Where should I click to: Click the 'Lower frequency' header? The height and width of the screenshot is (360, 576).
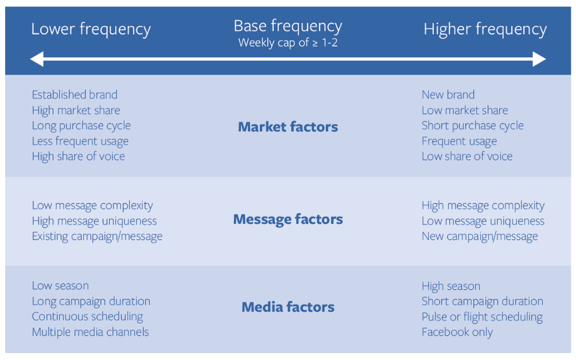pyautogui.click(x=91, y=29)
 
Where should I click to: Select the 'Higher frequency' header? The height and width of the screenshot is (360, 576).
pyautogui.click(x=485, y=29)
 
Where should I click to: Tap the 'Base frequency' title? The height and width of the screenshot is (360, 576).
pyautogui.click(x=288, y=26)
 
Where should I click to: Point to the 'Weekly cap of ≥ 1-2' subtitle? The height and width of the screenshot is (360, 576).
pyautogui.click(x=288, y=42)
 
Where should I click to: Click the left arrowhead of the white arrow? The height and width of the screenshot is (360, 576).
pyautogui.click(x=37, y=59)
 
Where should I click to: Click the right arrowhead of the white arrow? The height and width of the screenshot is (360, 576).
pyautogui.click(x=539, y=59)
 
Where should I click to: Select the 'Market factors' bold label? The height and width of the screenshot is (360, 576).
pyautogui.click(x=288, y=127)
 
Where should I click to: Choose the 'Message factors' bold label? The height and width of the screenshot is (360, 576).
pyautogui.click(x=288, y=219)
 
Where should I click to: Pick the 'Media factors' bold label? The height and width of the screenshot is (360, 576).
pyautogui.click(x=288, y=307)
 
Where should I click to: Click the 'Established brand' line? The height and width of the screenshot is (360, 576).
pyautogui.click(x=75, y=95)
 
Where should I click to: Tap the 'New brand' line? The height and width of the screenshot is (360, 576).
pyautogui.click(x=448, y=95)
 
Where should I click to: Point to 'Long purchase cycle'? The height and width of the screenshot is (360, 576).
pyautogui.click(x=81, y=126)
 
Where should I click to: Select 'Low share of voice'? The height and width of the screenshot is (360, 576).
pyautogui.click(x=467, y=157)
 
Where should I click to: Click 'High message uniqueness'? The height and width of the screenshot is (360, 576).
pyautogui.click(x=95, y=221)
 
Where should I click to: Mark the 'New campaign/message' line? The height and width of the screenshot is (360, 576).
pyautogui.click(x=480, y=237)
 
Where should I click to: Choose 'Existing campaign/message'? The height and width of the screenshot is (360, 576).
pyautogui.click(x=97, y=237)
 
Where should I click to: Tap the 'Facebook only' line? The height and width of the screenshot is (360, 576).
pyautogui.click(x=457, y=332)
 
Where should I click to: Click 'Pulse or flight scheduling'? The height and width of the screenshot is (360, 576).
pyautogui.click(x=482, y=316)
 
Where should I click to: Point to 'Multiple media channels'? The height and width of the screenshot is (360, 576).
pyautogui.click(x=91, y=332)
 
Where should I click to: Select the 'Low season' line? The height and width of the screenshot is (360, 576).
pyautogui.click(x=60, y=286)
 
